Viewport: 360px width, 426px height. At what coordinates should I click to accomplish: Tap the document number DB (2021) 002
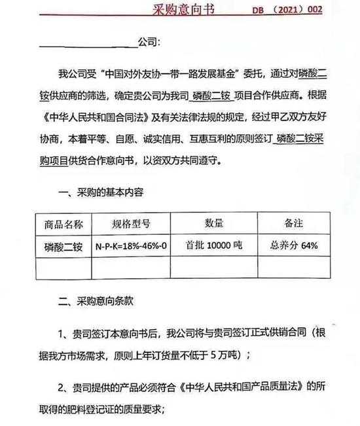311,10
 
